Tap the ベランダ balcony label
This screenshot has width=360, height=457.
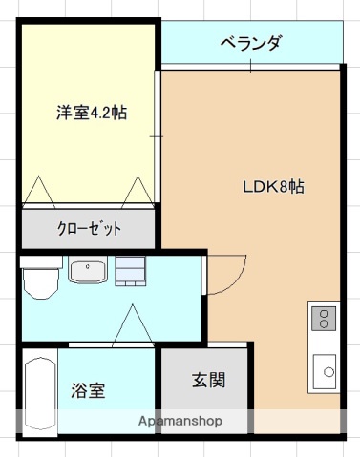point(250,43)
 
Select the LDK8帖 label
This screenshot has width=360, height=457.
point(272,187)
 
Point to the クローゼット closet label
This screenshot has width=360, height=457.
point(89,228)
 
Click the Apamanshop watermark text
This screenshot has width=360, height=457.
point(180,421)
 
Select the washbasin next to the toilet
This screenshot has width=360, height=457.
point(90,273)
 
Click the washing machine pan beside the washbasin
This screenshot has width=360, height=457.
point(131,272)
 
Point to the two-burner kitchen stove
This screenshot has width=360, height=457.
point(325,317)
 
